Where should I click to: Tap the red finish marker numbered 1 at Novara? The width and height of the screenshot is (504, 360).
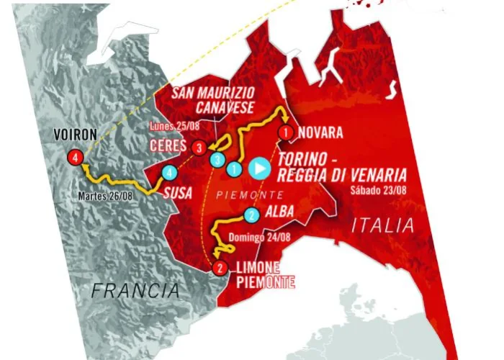(x=286, y=132)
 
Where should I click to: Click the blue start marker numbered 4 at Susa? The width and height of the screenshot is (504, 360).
(x=168, y=173)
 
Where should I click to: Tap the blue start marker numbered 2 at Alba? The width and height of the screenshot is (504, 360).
(x=251, y=215)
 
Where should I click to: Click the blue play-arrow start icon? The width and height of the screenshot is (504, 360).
(x=259, y=169)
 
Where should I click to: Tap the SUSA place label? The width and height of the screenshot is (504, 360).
(x=179, y=194)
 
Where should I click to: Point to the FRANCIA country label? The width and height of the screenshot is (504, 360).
(x=135, y=290)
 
